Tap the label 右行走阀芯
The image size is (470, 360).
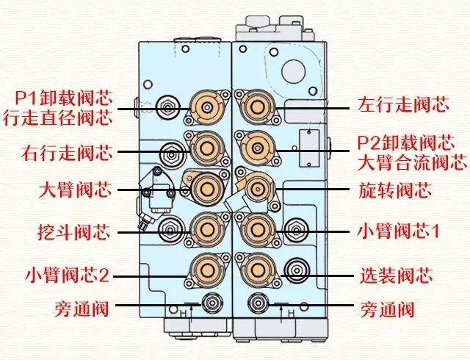68,154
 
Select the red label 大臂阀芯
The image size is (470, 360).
77,192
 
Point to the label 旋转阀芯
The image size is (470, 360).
394,192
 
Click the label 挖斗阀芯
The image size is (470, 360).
77,234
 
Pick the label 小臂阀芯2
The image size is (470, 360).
68,276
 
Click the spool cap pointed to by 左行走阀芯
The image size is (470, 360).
257,107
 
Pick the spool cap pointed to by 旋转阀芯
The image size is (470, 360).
257,190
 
